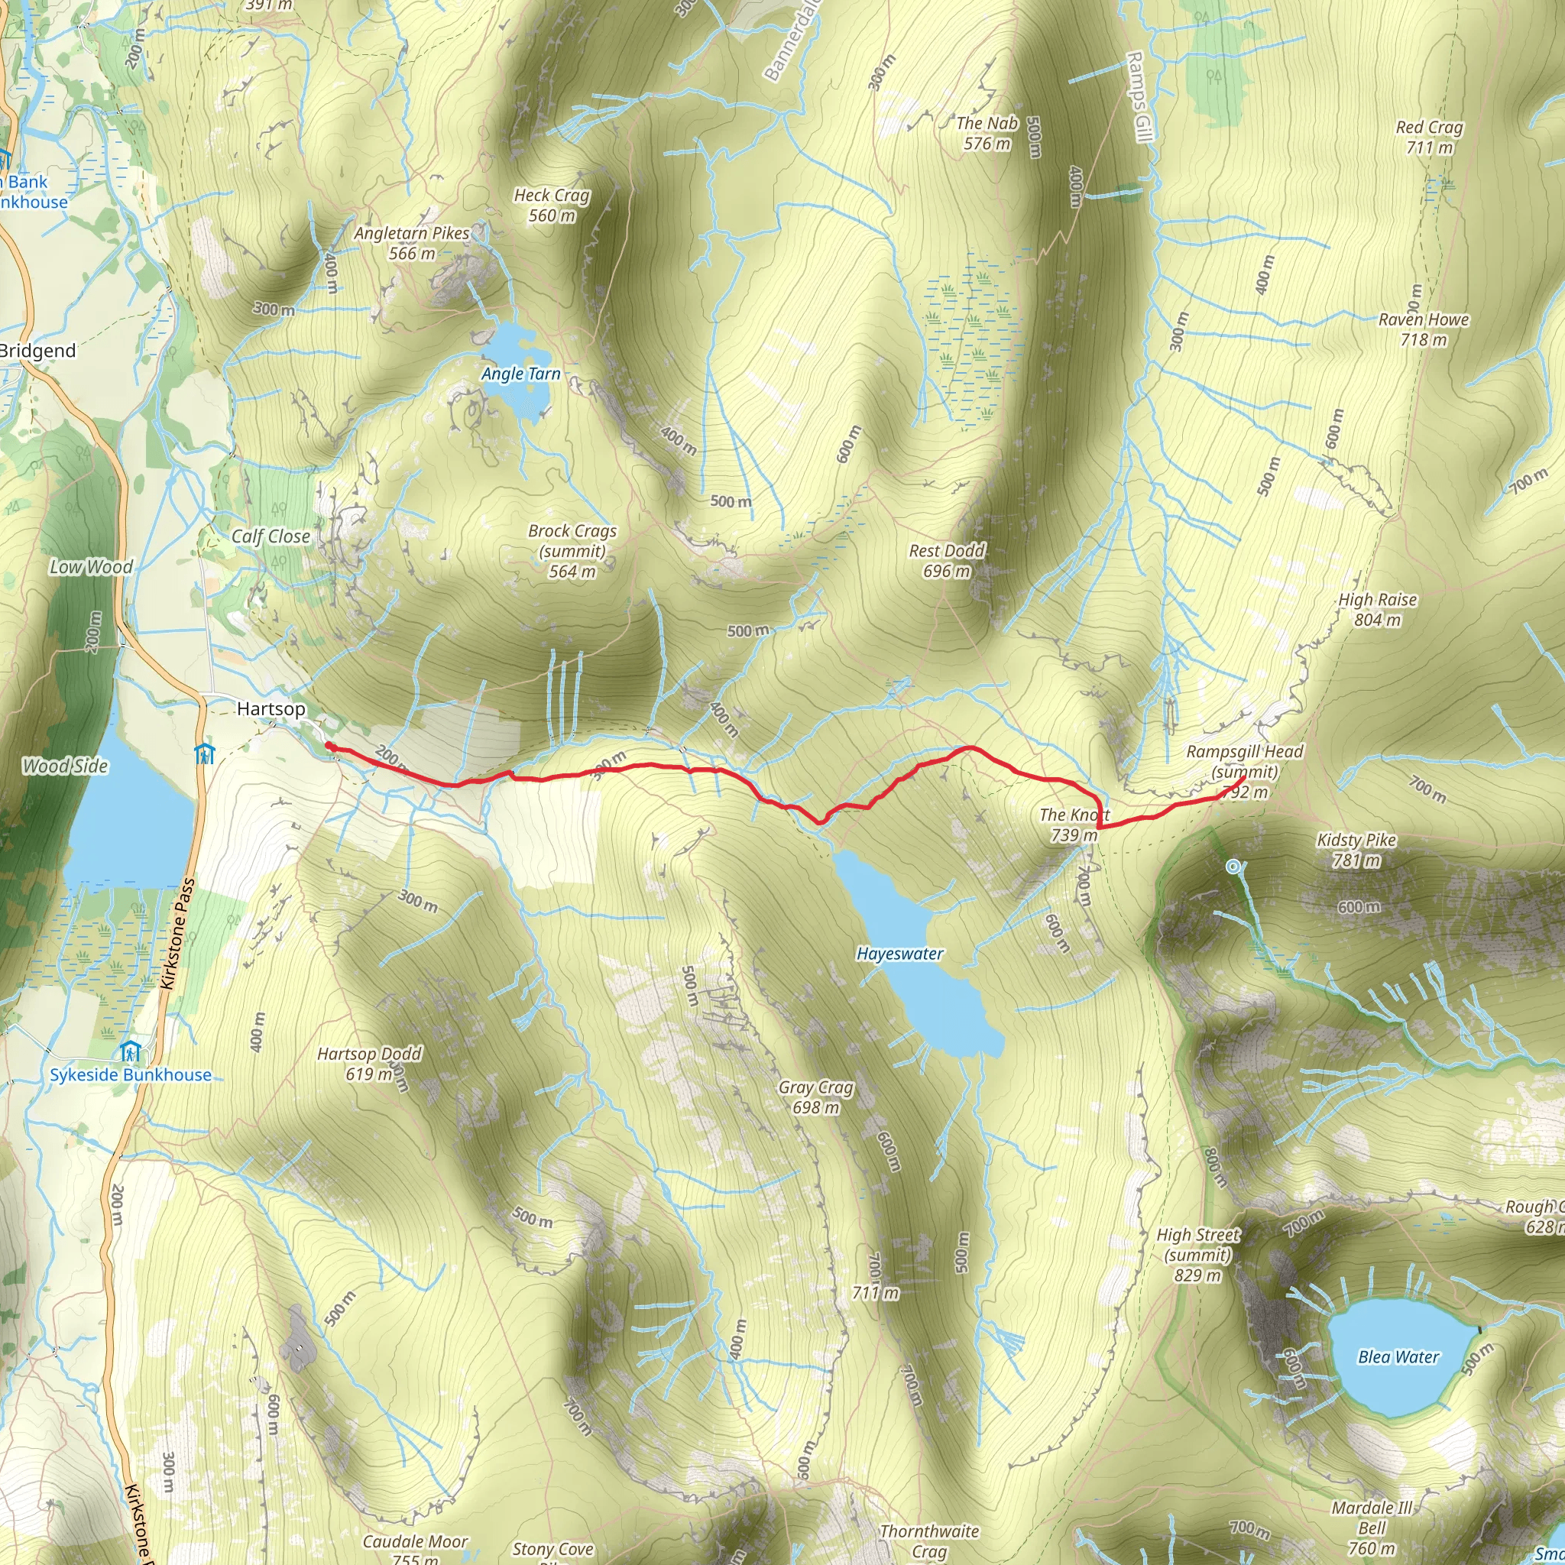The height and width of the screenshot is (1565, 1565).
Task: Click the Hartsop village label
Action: point(271,709)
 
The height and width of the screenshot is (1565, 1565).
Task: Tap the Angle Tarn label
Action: point(520,374)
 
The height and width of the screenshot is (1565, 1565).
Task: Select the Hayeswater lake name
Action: point(899,954)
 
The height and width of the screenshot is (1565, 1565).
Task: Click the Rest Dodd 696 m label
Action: point(946,561)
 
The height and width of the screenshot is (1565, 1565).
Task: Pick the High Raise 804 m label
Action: point(1377,609)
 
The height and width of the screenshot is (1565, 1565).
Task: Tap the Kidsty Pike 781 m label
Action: point(1356,850)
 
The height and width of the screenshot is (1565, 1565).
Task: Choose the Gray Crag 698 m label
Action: point(815,1097)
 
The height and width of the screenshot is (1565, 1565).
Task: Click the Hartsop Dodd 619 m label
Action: point(368,1064)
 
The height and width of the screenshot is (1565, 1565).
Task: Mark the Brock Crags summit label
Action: point(572,551)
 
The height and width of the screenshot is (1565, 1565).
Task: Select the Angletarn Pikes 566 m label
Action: point(412,243)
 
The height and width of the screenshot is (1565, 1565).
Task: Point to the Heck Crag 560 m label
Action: point(552,205)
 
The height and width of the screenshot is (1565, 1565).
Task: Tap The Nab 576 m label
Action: point(987,133)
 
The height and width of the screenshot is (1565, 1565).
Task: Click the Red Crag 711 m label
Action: point(1429,137)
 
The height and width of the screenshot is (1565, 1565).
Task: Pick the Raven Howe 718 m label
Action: point(1423,329)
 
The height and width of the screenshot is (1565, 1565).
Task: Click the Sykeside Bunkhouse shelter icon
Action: point(131,1052)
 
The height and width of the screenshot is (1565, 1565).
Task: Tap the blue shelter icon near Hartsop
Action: point(204,753)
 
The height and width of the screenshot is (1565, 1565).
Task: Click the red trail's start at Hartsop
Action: point(328,745)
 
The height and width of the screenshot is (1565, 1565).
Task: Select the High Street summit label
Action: point(1197,1255)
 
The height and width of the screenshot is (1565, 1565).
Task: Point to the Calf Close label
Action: point(271,536)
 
